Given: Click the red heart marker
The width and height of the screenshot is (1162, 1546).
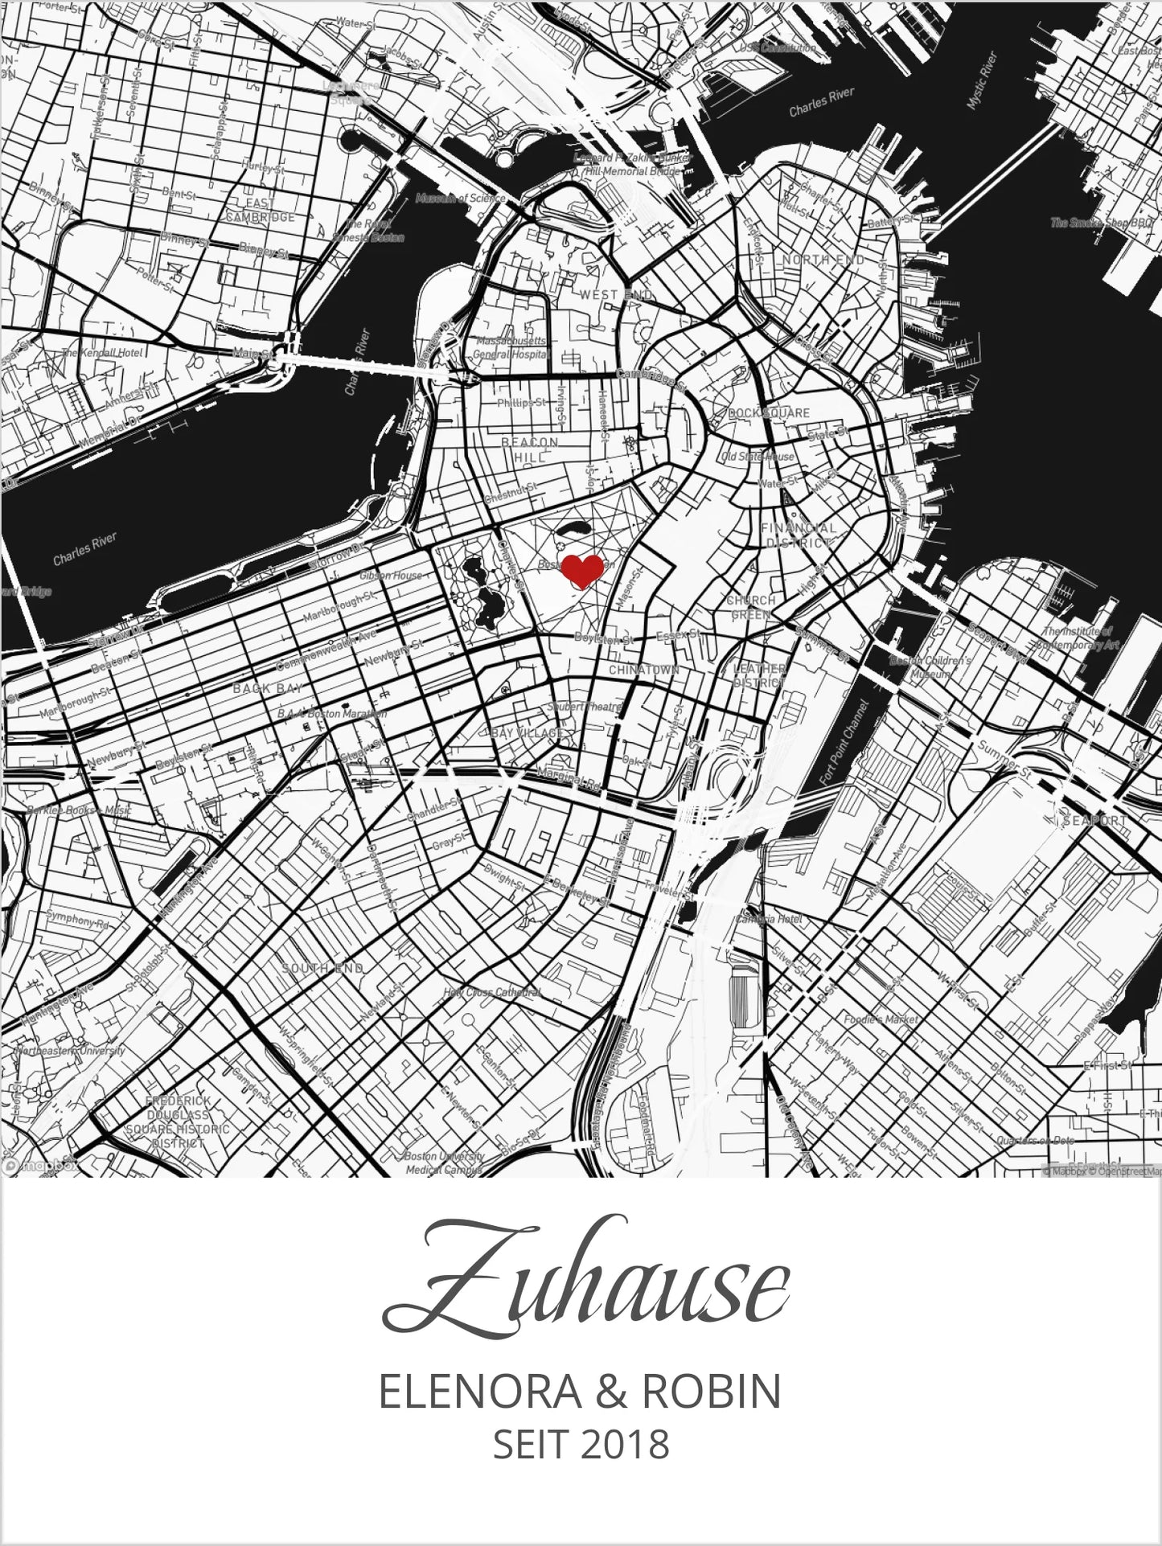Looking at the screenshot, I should coord(581,570).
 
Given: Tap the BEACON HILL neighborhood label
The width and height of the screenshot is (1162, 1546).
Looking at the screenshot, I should coord(530,449).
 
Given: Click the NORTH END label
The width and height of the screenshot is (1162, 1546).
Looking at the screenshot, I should coord(823,260).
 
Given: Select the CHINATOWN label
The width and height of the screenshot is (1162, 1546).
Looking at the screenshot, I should coord(644,669).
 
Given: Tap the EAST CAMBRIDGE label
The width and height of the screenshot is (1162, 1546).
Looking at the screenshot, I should coord(259,210).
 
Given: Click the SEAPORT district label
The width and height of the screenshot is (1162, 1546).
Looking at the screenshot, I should coord(1098,821).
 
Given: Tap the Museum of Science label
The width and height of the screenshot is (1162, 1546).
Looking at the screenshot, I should coord(460,198).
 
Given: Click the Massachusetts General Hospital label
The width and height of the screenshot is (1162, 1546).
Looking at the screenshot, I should coord(512,347).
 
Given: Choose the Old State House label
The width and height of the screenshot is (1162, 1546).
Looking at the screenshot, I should coord(758,456).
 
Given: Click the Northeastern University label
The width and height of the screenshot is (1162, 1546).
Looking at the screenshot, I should coord(63,1050).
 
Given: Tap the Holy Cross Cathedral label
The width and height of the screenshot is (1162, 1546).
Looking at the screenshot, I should coord(491,992).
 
